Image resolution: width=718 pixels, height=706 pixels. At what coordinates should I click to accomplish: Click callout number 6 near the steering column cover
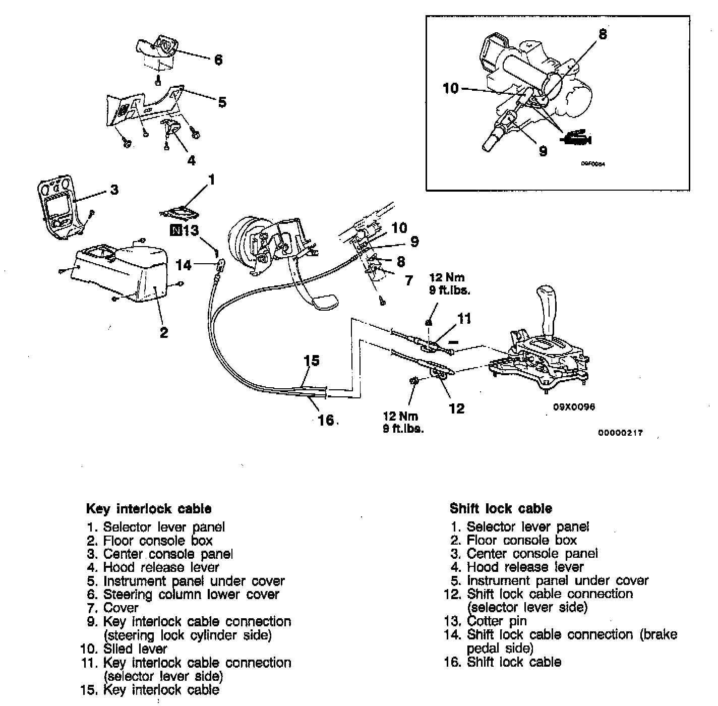[218, 60]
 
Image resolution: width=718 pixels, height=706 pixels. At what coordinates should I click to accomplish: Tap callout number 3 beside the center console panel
[114, 190]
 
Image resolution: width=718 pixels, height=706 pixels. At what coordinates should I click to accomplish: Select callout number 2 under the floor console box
[163, 332]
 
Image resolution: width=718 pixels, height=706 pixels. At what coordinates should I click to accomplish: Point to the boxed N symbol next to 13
[175, 230]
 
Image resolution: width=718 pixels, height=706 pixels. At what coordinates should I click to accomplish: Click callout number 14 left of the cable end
[184, 264]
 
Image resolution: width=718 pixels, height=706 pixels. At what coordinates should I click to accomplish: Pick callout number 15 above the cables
[312, 361]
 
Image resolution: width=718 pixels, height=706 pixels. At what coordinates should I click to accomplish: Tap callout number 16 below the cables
[326, 420]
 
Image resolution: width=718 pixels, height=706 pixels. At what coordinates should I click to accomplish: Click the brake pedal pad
[325, 303]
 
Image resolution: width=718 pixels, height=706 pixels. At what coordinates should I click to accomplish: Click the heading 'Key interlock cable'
[149, 508]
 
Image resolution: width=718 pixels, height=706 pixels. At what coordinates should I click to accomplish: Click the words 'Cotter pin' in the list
[497, 621]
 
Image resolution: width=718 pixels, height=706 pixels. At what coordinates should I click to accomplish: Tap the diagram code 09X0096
[574, 407]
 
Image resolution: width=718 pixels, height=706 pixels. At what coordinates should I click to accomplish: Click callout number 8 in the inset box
[603, 34]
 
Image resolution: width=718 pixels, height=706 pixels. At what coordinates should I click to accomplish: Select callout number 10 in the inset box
[451, 88]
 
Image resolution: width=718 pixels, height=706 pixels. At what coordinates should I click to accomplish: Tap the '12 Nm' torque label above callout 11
[447, 277]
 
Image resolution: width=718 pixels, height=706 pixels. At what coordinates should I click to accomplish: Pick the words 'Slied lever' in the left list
[135, 649]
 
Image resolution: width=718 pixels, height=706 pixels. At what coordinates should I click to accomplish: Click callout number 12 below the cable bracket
[456, 408]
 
